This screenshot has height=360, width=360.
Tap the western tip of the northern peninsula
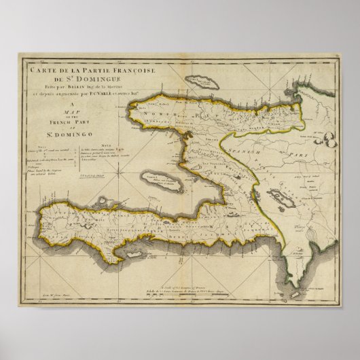coord(133,109)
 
